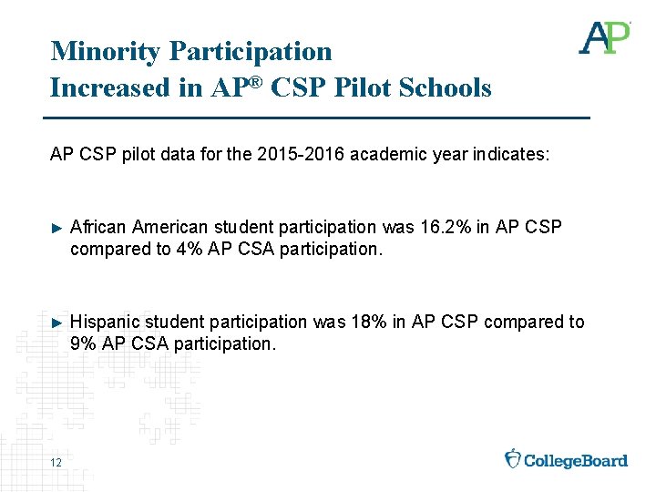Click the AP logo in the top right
click(604, 37)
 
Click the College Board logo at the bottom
click(566, 459)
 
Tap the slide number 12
click(56, 464)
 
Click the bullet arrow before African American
click(56, 227)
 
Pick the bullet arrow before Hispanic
click(56, 322)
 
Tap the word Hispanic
click(105, 322)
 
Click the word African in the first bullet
click(97, 227)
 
